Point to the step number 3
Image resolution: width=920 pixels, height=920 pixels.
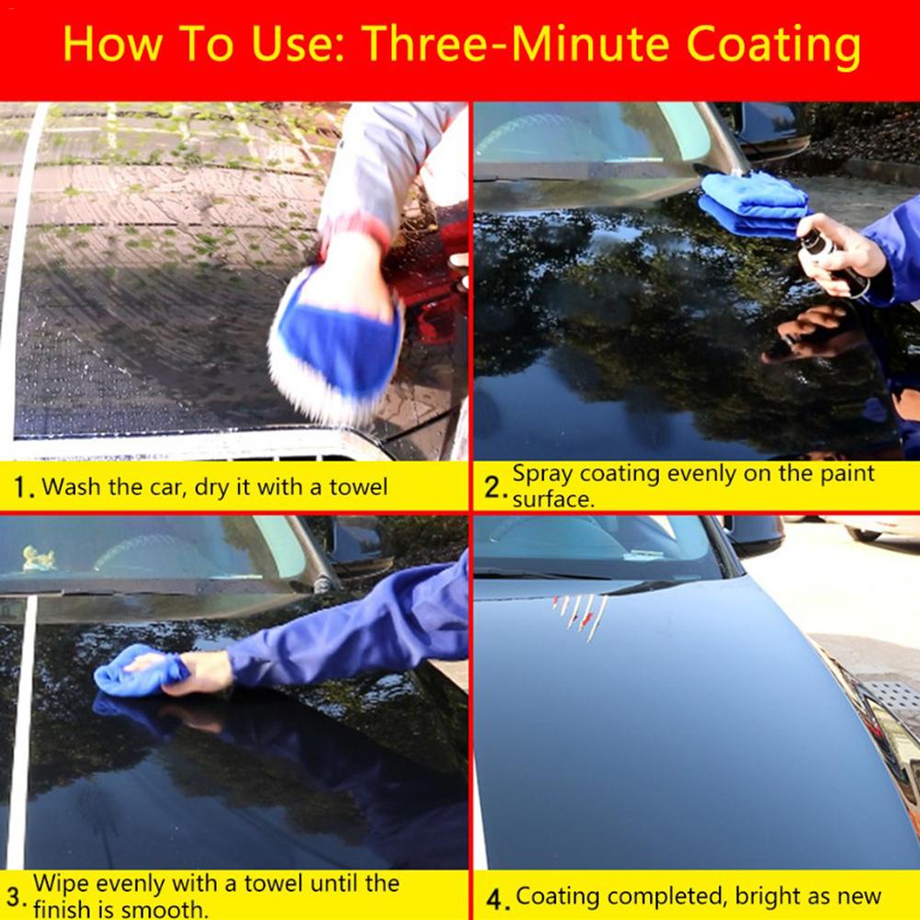coord(16,896)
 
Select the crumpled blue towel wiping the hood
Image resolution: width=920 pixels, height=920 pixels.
coord(138,671)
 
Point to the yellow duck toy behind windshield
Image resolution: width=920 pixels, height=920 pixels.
coord(39,560)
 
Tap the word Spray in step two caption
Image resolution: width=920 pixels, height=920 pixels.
coord(541,474)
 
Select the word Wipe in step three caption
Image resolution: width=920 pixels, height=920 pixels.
coord(61,884)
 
